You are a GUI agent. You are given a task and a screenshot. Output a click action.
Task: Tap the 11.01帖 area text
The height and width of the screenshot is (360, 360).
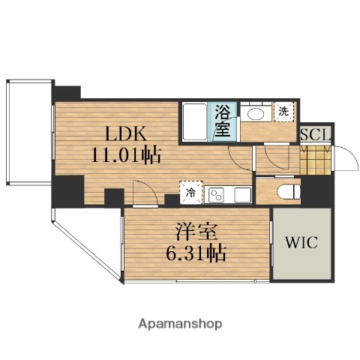(124, 157)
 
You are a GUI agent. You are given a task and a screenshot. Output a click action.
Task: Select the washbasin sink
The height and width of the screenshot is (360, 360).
(255, 114)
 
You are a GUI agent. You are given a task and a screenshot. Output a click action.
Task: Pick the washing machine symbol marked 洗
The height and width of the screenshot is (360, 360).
(283, 112)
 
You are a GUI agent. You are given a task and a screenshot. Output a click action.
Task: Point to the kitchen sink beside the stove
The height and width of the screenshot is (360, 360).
(241, 195)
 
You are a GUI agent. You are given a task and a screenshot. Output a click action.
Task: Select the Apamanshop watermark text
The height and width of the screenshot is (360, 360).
(179, 325)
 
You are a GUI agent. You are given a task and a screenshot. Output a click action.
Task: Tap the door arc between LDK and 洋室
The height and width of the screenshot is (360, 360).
(142, 193)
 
